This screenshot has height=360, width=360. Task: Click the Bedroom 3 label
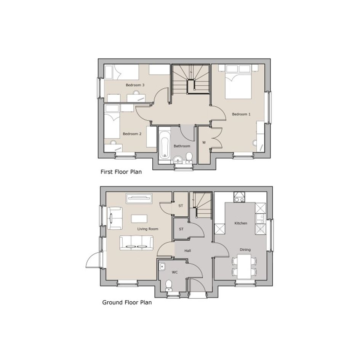(135, 85)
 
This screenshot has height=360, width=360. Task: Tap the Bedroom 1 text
(241, 114)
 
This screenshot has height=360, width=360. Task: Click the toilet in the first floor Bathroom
(189, 158)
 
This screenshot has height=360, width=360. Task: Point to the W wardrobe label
(204, 142)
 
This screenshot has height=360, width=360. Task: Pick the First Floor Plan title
(121, 172)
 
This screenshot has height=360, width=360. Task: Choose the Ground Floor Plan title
(127, 302)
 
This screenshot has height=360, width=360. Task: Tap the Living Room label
(148, 229)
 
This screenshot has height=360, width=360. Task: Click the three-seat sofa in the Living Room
(136, 243)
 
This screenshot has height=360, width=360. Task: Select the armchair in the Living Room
(115, 218)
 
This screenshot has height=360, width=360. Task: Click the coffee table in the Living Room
(139, 219)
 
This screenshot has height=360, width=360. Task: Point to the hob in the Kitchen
(240, 197)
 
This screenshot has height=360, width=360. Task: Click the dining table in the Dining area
(244, 267)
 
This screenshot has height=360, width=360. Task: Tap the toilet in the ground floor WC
(169, 285)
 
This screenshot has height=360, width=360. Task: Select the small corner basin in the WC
(162, 267)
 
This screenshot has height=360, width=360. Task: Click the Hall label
(187, 251)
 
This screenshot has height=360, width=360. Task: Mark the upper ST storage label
(181, 206)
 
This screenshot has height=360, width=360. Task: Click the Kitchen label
(241, 223)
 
